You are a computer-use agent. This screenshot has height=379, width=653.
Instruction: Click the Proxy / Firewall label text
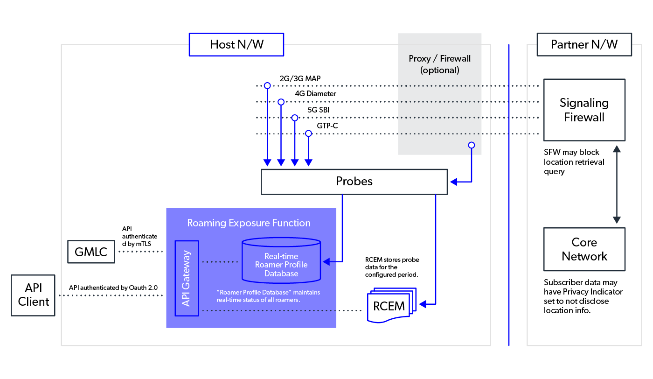(439, 59)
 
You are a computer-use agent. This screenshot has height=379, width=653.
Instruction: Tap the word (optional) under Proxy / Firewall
(439, 70)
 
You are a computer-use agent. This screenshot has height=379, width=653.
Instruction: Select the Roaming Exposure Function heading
(249, 223)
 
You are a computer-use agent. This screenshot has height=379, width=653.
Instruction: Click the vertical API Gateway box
(187, 278)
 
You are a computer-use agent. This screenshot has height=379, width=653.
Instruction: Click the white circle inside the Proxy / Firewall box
(472, 145)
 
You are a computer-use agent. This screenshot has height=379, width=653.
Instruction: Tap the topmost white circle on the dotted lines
(267, 85)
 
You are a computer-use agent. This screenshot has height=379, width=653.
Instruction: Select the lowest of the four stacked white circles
(308, 133)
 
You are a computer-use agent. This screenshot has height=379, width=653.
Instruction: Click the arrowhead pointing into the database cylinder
(326, 261)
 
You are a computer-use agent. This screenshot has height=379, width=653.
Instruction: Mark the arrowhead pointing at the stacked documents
(422, 304)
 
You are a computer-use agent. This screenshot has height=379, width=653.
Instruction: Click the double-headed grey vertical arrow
(617, 184)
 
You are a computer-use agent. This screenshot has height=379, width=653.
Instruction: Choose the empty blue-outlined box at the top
(236, 45)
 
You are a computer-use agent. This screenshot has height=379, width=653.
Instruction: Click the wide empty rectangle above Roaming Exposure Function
(354, 182)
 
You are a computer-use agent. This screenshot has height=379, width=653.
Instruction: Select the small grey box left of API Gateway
(91, 252)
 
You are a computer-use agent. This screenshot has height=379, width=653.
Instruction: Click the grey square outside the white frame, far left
(33, 295)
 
